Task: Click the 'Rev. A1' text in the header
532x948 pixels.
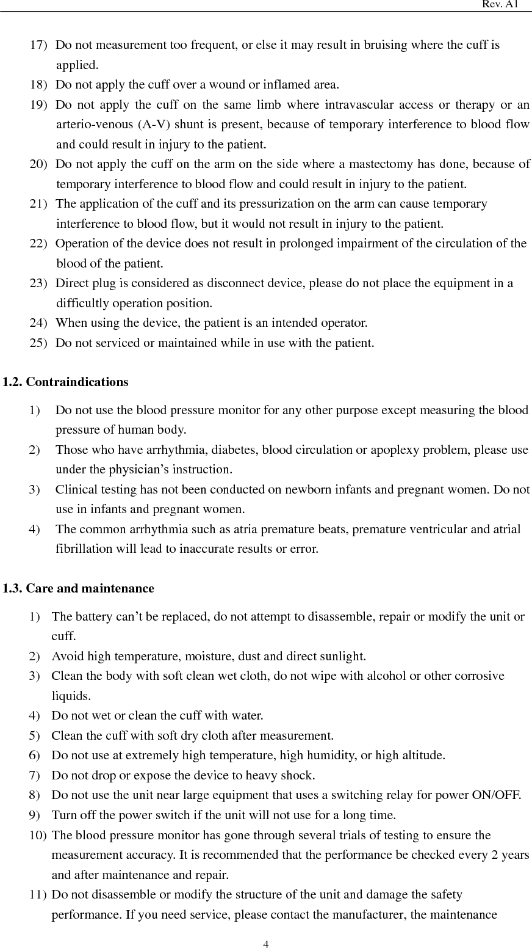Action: [500, 4]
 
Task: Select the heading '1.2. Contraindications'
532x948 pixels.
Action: [65, 382]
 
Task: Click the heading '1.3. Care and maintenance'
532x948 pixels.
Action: [78, 588]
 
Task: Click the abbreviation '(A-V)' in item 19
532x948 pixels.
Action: [156, 125]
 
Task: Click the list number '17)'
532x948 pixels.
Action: [40, 45]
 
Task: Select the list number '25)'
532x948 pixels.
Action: [40, 343]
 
